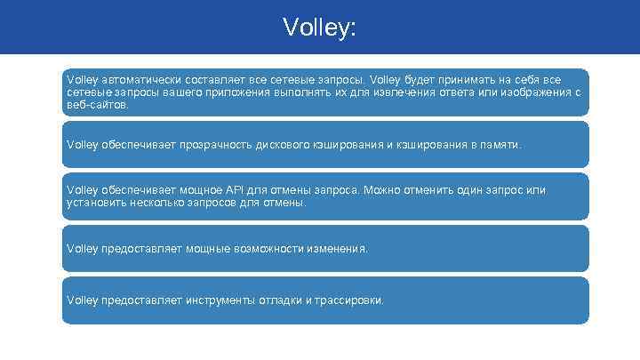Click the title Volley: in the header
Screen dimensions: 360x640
[x=319, y=28]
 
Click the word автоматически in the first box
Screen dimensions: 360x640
[x=130, y=79]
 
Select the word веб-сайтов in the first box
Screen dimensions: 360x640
[x=97, y=104]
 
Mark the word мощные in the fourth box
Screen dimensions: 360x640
[x=207, y=249]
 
